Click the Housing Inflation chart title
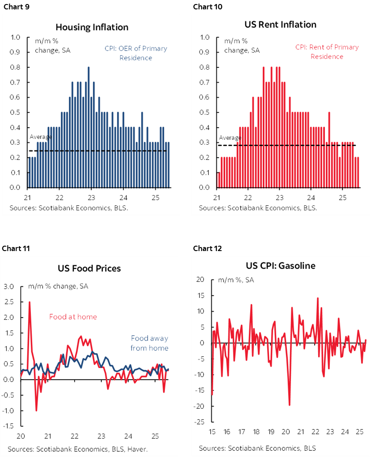[x=98, y=27]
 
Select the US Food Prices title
[x=89, y=268]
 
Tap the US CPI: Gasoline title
[x=281, y=266]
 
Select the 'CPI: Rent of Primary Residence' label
[x=327, y=52]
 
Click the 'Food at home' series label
[x=73, y=317]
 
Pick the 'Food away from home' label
[x=150, y=343]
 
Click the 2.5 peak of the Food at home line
[x=29, y=302]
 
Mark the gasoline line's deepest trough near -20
[x=290, y=404]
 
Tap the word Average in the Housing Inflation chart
[x=40, y=137]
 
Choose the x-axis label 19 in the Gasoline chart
[x=270, y=432]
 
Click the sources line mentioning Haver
[x=77, y=449]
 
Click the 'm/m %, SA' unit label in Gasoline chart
[x=236, y=280]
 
